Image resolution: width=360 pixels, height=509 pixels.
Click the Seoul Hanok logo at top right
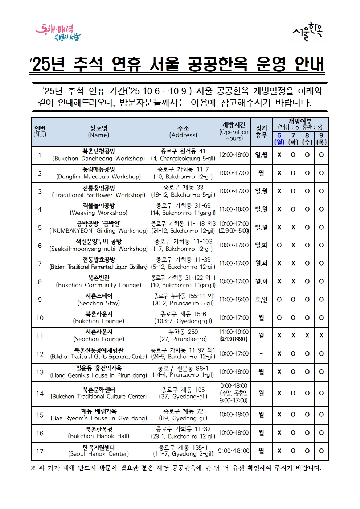308,32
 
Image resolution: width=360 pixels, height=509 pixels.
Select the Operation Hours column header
234,131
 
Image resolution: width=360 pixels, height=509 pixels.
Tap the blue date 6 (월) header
279,139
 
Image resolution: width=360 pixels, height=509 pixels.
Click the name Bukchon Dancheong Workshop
98,155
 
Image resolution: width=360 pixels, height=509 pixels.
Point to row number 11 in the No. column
40,336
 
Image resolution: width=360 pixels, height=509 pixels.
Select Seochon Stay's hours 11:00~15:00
234,300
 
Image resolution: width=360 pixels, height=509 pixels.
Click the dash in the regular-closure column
261,354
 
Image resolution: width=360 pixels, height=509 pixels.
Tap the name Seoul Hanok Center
98,451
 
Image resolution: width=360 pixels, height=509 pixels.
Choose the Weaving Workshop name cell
98,209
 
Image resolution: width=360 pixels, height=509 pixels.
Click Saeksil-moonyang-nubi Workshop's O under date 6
279,245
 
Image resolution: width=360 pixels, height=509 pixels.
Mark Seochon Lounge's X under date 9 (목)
321,336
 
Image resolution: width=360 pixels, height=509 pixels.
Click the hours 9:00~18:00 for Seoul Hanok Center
234,451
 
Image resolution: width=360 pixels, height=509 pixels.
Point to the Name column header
98,131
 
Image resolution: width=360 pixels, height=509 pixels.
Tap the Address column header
183,131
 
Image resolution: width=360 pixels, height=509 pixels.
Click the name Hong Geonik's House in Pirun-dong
98,372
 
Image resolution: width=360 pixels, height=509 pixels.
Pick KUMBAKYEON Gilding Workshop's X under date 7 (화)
293,227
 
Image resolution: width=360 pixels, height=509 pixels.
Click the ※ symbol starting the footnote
33,468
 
